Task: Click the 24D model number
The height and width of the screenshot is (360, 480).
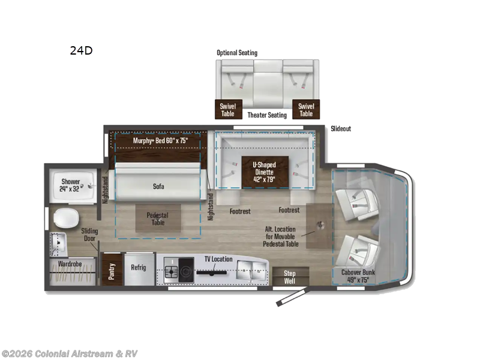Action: tap(81, 50)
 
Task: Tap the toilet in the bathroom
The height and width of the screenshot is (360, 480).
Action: tap(66, 218)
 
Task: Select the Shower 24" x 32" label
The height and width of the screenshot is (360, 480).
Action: tap(70, 185)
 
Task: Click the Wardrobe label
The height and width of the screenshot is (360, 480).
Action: tap(70, 264)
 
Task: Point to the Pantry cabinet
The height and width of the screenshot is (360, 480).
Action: tap(112, 269)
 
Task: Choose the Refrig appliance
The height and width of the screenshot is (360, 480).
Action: tap(139, 269)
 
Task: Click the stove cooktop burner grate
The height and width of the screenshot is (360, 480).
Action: tap(171, 271)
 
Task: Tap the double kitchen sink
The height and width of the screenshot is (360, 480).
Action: tap(251, 271)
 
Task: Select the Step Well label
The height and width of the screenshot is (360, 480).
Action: tap(290, 277)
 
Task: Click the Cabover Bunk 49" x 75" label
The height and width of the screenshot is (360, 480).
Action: tap(358, 276)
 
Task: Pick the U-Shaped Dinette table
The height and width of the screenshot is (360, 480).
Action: tap(265, 172)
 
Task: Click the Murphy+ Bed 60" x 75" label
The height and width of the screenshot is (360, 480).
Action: tap(160, 140)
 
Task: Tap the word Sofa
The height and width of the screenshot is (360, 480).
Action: tap(158, 186)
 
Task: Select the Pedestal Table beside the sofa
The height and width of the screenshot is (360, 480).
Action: tap(158, 218)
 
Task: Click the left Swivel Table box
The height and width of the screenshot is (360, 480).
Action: tap(229, 109)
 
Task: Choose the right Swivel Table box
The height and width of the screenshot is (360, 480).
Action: tap(306, 109)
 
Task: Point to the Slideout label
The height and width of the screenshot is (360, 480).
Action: tap(341, 128)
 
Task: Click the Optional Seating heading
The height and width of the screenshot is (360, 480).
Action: tap(237, 53)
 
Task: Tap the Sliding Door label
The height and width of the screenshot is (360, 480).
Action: tap(89, 235)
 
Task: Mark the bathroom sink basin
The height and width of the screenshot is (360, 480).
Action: tap(58, 242)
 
